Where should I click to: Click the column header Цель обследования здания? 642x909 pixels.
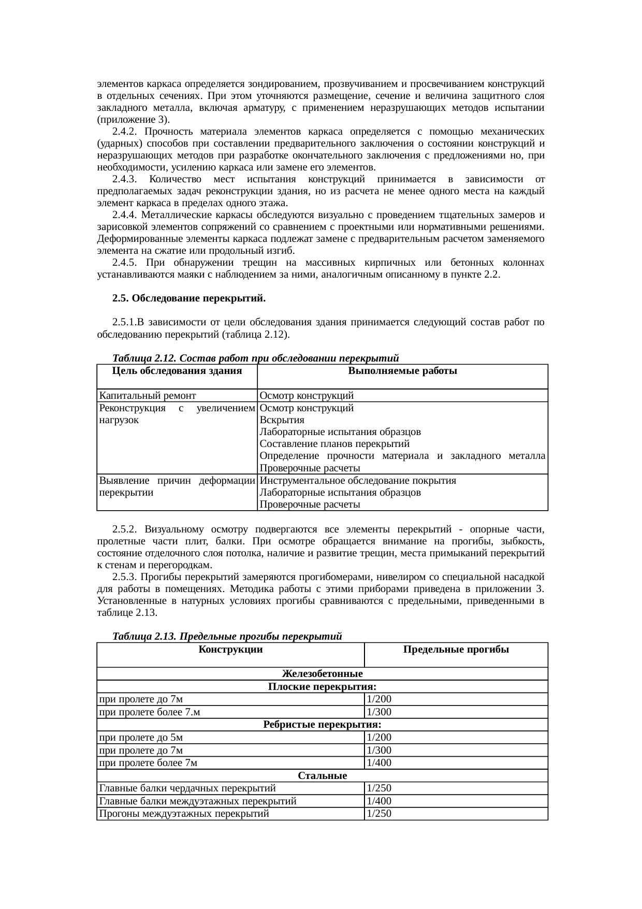[177, 371]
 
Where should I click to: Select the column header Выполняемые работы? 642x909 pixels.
[402, 371]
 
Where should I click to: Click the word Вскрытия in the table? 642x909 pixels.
[282, 420]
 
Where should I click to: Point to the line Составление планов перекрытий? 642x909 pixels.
[334, 444]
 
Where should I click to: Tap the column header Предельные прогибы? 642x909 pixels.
[456, 650]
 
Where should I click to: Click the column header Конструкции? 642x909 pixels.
[230, 650]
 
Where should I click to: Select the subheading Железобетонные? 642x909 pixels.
[322, 674]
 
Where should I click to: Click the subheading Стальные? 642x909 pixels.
[322, 775]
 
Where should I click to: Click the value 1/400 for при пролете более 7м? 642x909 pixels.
[379, 762]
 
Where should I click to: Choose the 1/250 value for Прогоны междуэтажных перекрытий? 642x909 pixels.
[379, 813]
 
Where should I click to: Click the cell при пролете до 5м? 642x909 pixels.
[141, 737]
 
